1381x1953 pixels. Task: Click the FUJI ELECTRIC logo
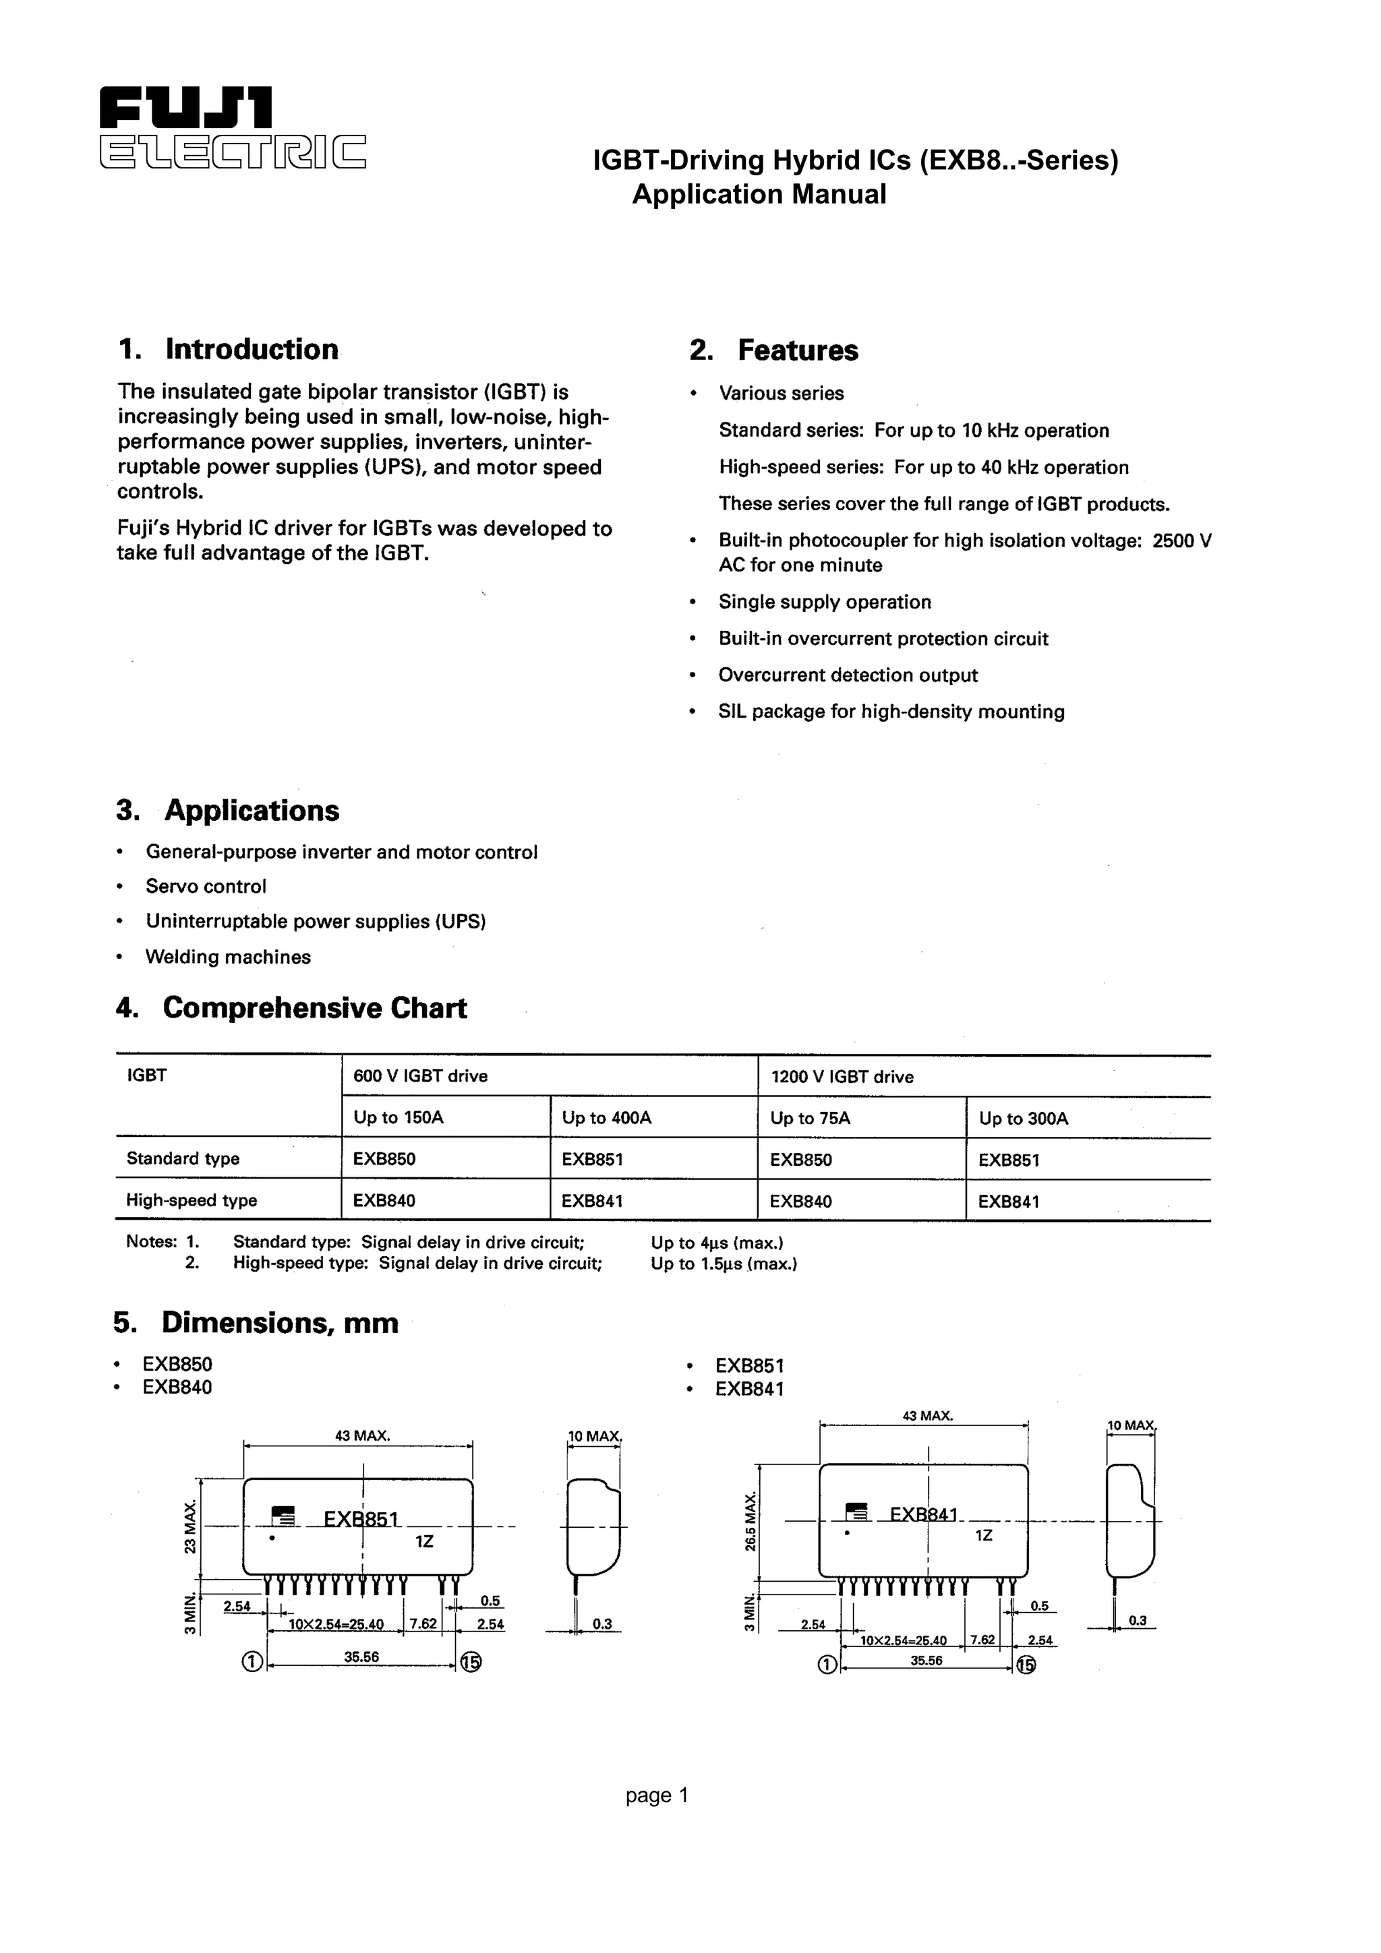tap(231, 127)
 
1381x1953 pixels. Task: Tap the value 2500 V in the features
tap(1181, 541)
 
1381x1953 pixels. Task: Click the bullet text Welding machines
tap(228, 957)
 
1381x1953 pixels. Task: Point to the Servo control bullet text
tap(206, 886)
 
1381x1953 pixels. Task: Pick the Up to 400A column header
tap(607, 1118)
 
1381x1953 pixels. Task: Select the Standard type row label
tap(183, 1158)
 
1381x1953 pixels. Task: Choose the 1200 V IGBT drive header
tap(842, 1077)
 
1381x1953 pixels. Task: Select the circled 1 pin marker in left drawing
tap(252, 1661)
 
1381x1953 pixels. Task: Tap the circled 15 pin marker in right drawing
tap(1026, 1665)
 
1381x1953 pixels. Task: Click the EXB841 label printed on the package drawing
tap(923, 1514)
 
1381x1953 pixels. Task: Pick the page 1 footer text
tap(656, 1795)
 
